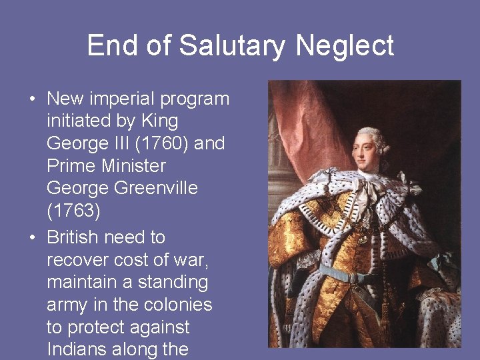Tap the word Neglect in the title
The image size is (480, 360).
tap(345, 46)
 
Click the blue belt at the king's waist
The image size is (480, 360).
tap(347, 274)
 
